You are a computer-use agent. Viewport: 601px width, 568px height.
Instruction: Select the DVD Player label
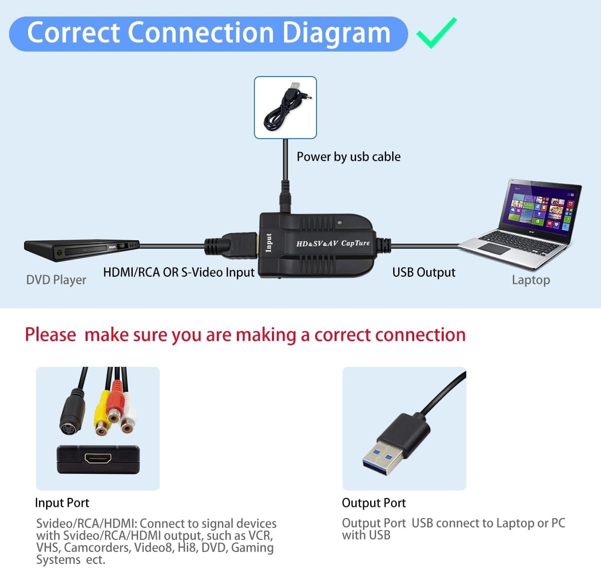(x=56, y=280)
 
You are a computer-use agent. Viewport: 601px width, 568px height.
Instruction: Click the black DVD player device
(x=82, y=250)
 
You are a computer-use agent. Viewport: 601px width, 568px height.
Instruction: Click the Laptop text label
(x=531, y=280)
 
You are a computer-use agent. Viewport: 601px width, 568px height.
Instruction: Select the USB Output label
(x=424, y=272)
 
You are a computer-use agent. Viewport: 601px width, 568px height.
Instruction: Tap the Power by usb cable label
(x=349, y=157)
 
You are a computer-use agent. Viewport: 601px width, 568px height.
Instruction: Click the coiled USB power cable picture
(x=285, y=108)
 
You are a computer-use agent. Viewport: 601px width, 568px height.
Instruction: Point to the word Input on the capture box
(x=268, y=243)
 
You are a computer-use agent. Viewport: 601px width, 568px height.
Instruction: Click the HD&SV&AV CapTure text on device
(x=333, y=243)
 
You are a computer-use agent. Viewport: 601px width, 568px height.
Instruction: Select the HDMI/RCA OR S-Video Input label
(x=179, y=272)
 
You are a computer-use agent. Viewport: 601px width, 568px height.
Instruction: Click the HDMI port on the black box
(x=98, y=458)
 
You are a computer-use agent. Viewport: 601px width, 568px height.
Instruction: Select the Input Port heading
(x=62, y=502)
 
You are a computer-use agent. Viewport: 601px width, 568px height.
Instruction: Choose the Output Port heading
(x=374, y=502)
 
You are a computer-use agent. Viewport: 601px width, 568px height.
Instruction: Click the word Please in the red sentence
(x=51, y=335)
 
